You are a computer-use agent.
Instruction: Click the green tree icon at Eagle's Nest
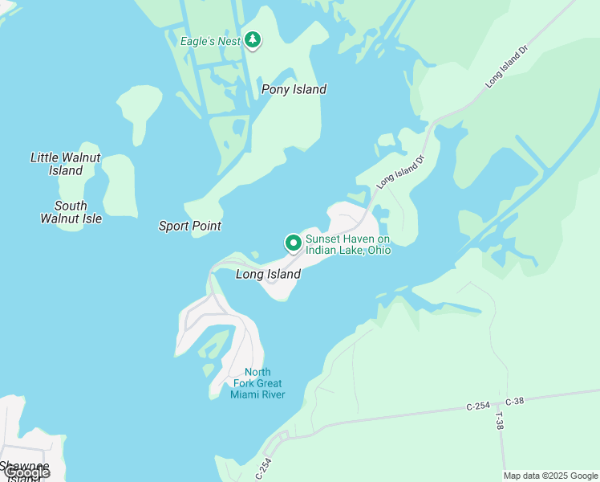click(253, 39)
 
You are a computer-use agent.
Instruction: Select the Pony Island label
click(294, 89)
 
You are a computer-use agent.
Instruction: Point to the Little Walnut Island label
click(65, 164)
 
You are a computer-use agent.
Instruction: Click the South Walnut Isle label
click(71, 212)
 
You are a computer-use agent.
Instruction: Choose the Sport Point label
click(189, 226)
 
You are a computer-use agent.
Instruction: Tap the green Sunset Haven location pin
click(293, 243)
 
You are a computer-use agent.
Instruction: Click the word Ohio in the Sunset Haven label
click(379, 251)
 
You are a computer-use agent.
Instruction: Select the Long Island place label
click(268, 275)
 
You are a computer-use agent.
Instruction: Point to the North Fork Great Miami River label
click(257, 383)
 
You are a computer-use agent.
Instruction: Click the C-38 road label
click(513, 400)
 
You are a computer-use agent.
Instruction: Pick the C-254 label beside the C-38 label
click(479, 407)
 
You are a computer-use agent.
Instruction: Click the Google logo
click(26, 472)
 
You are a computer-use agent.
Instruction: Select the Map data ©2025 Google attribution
click(550, 476)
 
